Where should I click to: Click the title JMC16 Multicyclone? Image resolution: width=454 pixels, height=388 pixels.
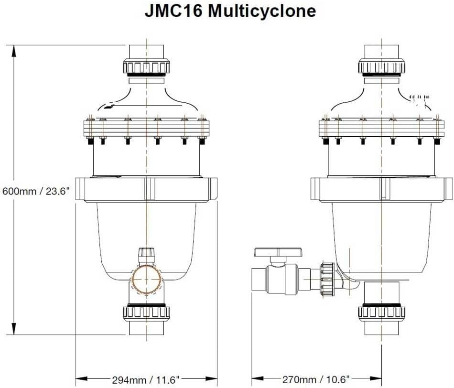[230, 11]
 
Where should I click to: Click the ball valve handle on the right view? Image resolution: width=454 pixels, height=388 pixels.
[278, 252]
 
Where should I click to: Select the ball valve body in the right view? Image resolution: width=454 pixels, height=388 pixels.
[282, 280]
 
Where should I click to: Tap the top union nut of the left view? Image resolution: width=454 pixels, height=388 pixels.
[146, 66]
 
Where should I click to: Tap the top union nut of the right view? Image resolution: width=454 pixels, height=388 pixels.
[381, 66]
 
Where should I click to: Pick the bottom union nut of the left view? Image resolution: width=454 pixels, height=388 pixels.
[146, 312]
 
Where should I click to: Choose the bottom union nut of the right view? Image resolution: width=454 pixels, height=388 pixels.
[381, 312]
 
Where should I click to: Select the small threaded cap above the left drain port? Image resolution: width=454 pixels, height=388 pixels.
[146, 254]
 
